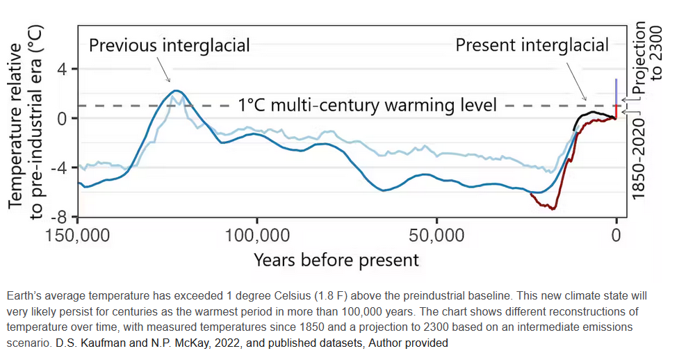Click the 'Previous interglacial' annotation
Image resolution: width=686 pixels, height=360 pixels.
(169, 46)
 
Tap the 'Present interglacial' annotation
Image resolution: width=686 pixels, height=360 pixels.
(532, 46)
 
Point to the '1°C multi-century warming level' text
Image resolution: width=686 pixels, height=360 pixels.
(368, 106)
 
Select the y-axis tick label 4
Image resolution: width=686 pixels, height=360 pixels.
(62, 69)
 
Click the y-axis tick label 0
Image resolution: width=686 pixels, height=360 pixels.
(62, 118)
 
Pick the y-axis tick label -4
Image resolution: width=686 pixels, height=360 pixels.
(58, 167)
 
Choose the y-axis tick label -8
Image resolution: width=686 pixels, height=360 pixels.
(58, 217)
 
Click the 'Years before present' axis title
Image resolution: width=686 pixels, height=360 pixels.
(336, 260)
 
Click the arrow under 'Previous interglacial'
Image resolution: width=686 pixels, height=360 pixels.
(164, 70)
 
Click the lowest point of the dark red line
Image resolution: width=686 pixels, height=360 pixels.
(553, 208)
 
